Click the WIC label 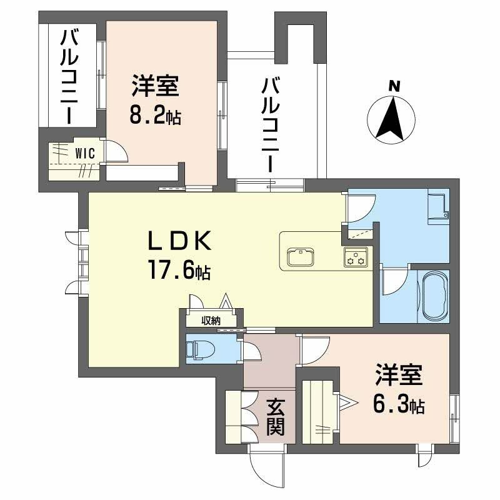coord(85,153)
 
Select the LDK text coord(179,241)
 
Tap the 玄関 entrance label coord(276,417)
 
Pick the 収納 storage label coord(211,320)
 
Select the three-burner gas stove coord(356,257)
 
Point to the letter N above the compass coord(394,86)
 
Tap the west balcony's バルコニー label coord(69,76)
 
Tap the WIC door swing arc coord(122,150)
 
